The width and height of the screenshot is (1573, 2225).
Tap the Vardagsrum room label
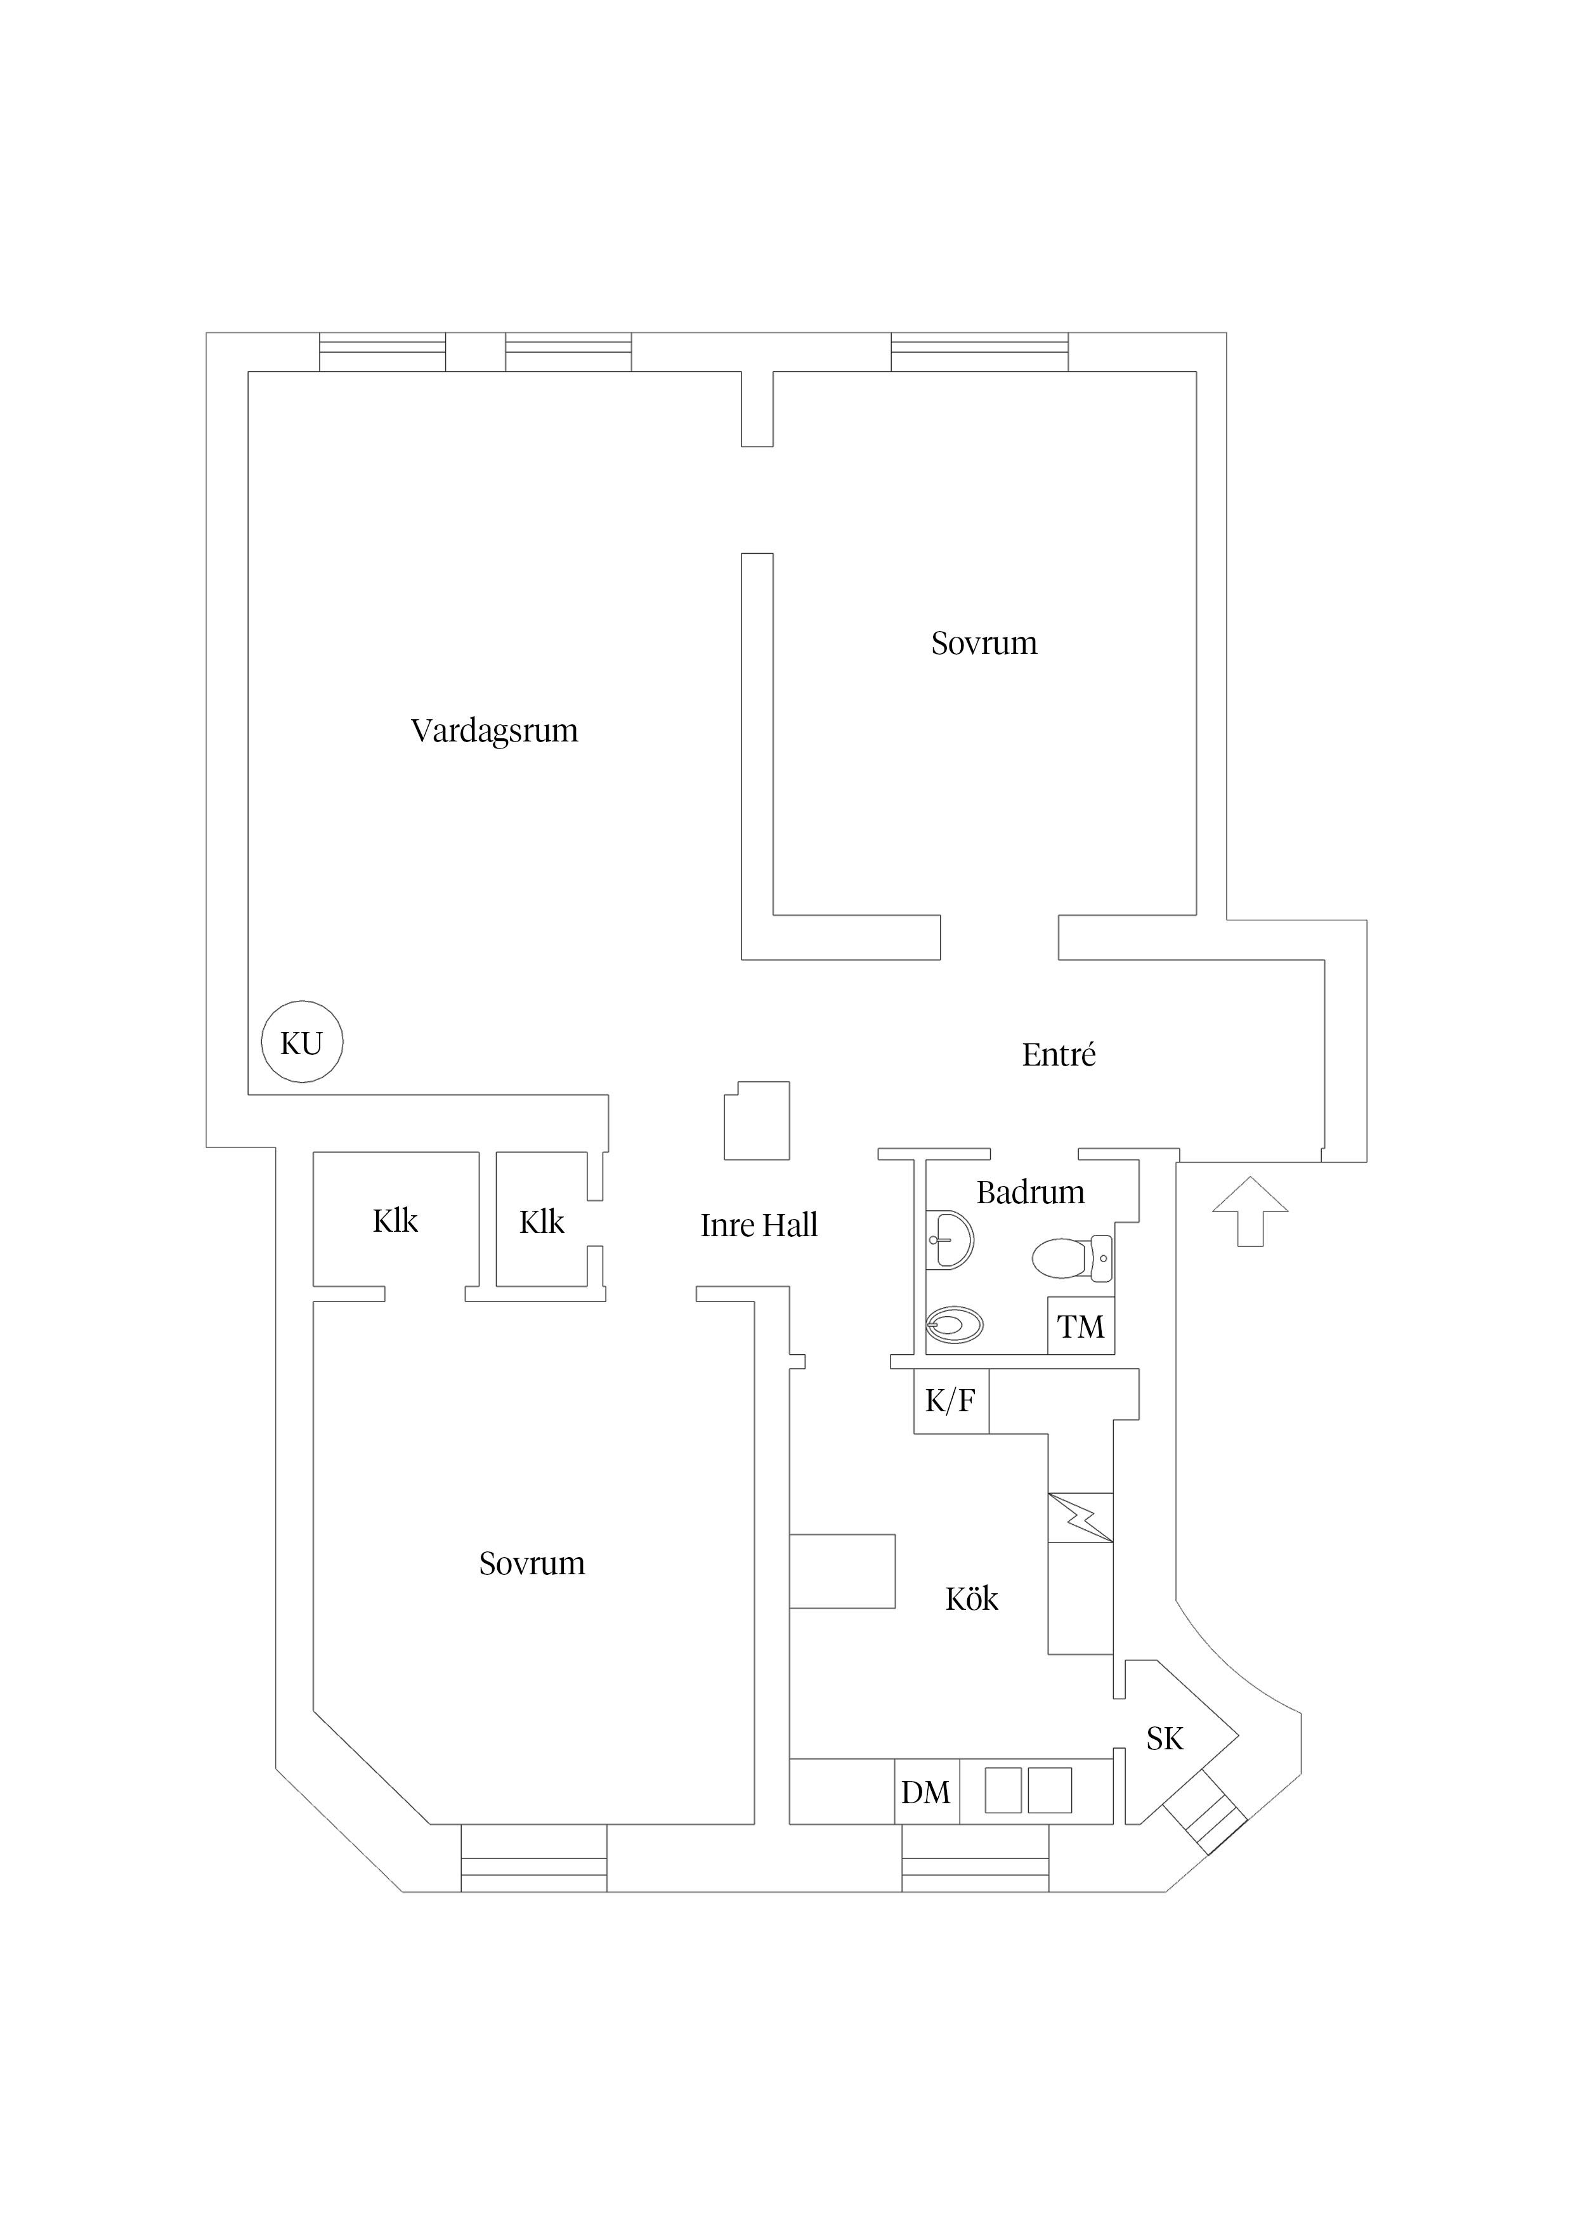point(494,731)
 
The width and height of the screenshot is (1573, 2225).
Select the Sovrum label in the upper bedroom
point(984,644)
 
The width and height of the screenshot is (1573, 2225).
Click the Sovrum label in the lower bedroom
point(532,1563)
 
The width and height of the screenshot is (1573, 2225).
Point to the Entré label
point(1059,1054)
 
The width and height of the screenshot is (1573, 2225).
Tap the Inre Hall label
point(759,1225)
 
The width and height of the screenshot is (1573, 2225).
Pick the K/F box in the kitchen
point(951,1400)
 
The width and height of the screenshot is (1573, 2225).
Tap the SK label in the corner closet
point(1165,1740)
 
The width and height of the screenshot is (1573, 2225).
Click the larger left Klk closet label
point(395,1221)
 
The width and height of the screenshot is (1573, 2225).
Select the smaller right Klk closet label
point(542,1222)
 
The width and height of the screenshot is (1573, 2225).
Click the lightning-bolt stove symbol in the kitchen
point(1081,1518)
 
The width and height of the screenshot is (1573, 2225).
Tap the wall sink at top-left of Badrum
point(949,1239)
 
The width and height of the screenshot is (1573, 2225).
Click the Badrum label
point(1030,1192)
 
